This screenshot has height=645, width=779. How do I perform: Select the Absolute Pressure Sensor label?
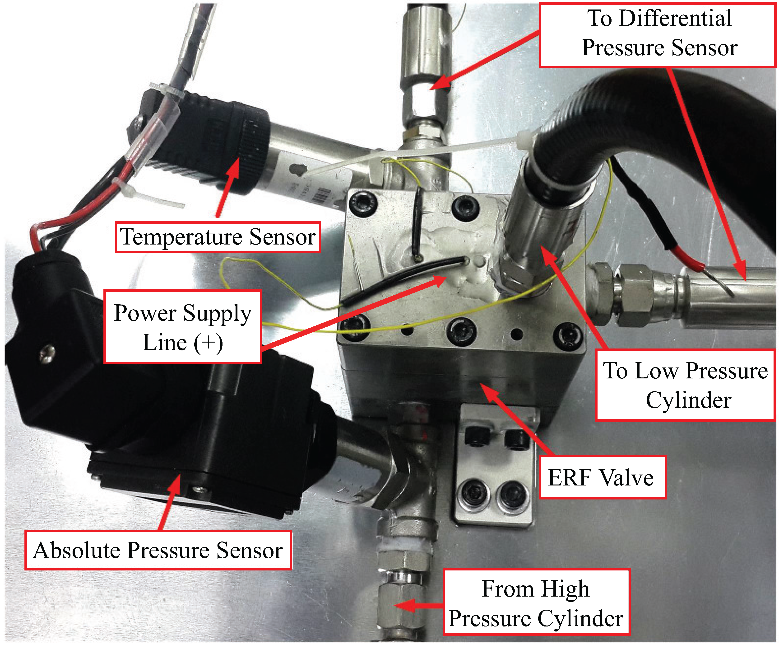(158, 550)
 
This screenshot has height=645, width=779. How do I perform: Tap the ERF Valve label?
(601, 478)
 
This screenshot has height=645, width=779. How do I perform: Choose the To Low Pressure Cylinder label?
(685, 385)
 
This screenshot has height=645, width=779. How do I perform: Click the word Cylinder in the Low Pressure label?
(688, 400)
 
